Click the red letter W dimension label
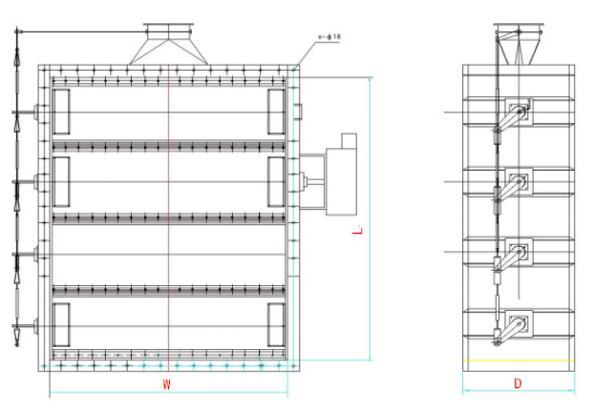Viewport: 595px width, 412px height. click(166, 384)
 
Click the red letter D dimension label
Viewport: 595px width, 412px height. click(518, 383)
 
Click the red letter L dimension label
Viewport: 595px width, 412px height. click(357, 230)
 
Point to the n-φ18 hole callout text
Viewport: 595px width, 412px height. click(329, 37)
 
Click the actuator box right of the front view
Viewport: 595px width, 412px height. click(341, 181)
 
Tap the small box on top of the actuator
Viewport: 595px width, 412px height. click(349, 141)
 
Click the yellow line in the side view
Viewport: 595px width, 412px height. click(519, 360)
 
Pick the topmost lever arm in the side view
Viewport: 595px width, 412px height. click(510, 118)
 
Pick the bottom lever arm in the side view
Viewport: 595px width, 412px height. click(510, 331)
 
